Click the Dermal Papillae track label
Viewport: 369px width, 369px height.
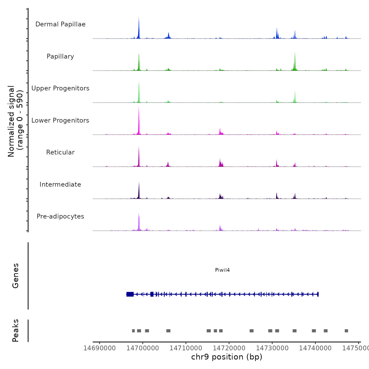click(60, 24)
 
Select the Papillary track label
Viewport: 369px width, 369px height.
click(60, 56)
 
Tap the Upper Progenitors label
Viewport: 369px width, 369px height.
click(60, 88)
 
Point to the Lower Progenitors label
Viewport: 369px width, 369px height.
click(60, 120)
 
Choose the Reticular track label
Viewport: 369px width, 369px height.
click(60, 152)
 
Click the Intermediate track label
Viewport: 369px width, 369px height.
click(60, 184)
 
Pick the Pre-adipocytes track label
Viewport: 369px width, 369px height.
click(60, 216)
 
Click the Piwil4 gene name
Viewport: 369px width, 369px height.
click(222, 270)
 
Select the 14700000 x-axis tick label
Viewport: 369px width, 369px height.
click(143, 348)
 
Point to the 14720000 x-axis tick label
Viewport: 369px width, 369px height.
click(229, 348)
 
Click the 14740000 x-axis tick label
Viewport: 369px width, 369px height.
click(315, 348)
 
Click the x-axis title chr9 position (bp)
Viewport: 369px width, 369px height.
click(227, 357)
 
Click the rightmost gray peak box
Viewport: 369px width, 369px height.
click(346, 331)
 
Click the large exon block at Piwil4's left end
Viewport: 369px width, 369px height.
click(130, 294)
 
